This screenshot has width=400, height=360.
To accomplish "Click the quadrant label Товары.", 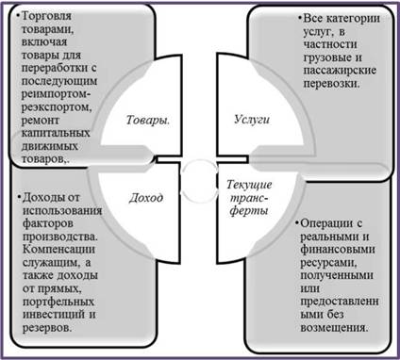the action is click(x=148, y=121).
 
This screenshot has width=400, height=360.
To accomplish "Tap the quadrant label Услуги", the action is click(x=252, y=120).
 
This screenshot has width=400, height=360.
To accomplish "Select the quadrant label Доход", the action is click(x=146, y=198).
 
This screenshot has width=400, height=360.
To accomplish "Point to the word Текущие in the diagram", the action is click(x=249, y=185).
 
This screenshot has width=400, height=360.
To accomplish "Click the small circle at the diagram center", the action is click(x=200, y=180).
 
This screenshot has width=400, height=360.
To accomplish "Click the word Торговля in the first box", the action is click(x=46, y=16).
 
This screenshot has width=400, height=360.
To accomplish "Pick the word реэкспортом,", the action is click(x=57, y=107).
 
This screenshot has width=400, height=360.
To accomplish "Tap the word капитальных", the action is click(x=56, y=133).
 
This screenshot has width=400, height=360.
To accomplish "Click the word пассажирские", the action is click(x=340, y=71).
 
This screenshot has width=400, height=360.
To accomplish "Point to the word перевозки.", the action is click(x=331, y=84).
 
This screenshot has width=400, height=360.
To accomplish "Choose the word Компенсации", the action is click(x=58, y=250).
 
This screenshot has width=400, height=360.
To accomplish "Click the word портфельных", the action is click(x=58, y=302).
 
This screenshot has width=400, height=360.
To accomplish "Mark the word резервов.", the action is click(x=47, y=328).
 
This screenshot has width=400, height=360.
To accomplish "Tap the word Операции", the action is click(x=327, y=223).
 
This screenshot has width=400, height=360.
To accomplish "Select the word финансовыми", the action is click(x=338, y=250).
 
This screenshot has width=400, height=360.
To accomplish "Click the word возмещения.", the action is click(x=334, y=328).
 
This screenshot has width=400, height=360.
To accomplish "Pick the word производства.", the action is click(x=60, y=237).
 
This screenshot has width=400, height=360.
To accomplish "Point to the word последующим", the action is click(x=59, y=82).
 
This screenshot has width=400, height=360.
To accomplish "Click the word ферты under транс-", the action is click(x=248, y=211).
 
